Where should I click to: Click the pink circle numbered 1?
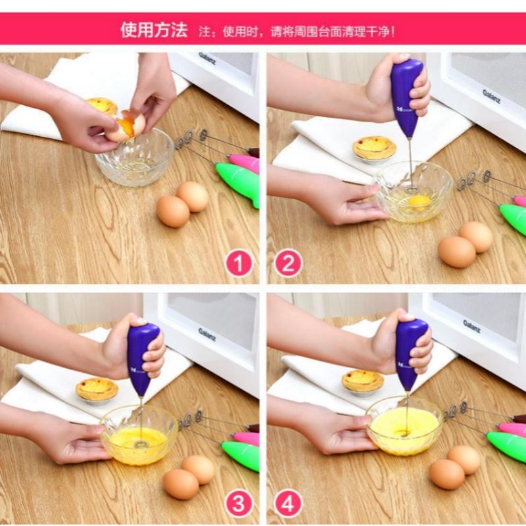239,264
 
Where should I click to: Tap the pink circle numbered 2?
288,264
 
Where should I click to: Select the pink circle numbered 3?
239,504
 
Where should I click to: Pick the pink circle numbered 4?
288,504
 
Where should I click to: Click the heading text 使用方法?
153,30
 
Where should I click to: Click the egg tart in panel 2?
374,147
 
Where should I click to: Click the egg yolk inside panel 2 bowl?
418,199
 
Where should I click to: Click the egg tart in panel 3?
97,389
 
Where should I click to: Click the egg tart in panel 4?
362,381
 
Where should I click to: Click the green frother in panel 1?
238,180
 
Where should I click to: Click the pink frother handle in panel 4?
512,429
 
